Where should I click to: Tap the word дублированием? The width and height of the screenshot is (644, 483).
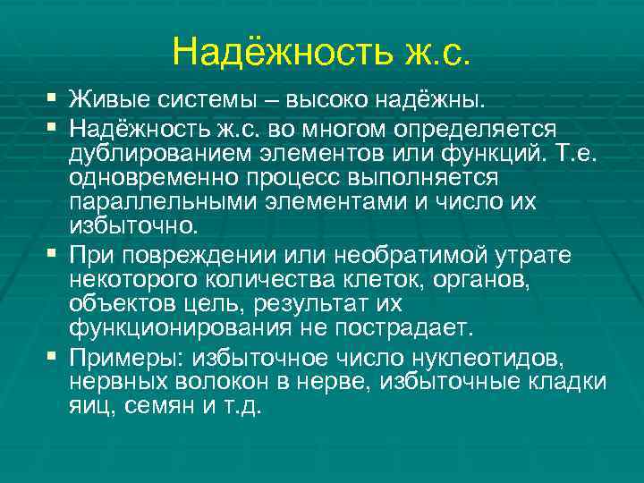click(x=165, y=154)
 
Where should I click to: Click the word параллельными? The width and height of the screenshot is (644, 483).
click(x=163, y=200)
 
